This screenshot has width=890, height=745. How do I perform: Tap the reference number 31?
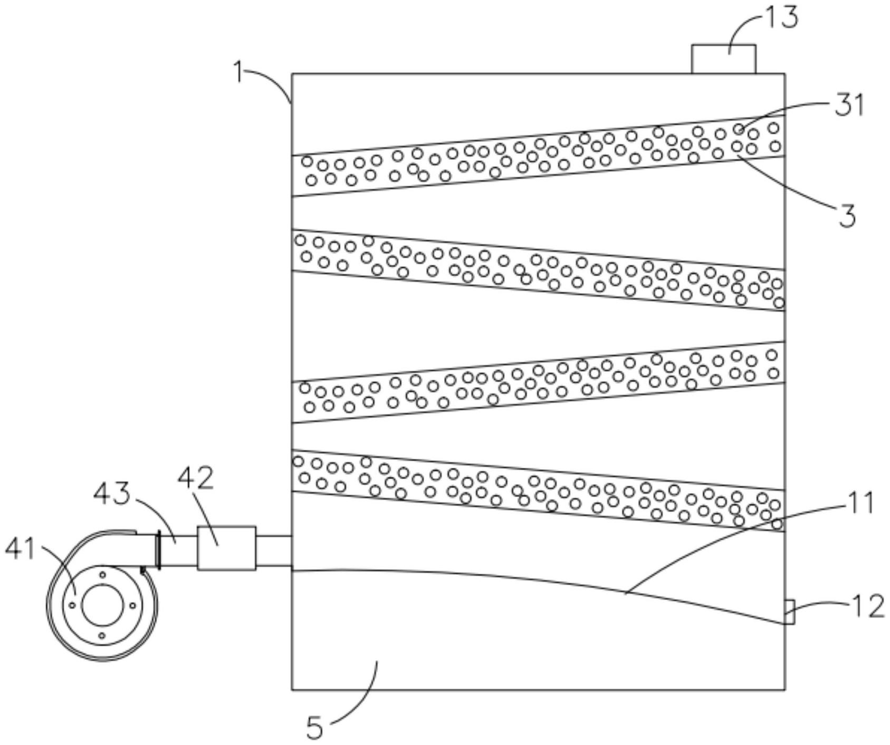849,105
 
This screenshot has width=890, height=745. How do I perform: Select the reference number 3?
847,217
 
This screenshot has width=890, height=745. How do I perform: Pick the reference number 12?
867,606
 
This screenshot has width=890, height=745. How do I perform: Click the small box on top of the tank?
723,59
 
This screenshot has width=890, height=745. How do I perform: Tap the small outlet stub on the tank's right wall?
790,612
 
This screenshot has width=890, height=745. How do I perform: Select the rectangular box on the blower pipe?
226,548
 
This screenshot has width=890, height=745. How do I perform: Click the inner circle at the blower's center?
102,605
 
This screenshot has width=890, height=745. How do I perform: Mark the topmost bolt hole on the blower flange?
103,574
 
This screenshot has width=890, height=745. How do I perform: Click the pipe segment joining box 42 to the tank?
273,551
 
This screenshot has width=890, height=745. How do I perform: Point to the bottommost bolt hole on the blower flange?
102,636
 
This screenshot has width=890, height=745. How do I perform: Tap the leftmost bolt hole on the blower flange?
72,605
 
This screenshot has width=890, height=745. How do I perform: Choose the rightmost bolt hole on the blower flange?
132,605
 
